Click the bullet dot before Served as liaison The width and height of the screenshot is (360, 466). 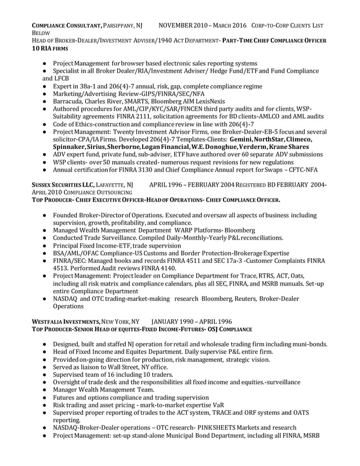(x=45, y=367)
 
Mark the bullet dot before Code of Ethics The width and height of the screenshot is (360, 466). (x=45, y=124)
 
